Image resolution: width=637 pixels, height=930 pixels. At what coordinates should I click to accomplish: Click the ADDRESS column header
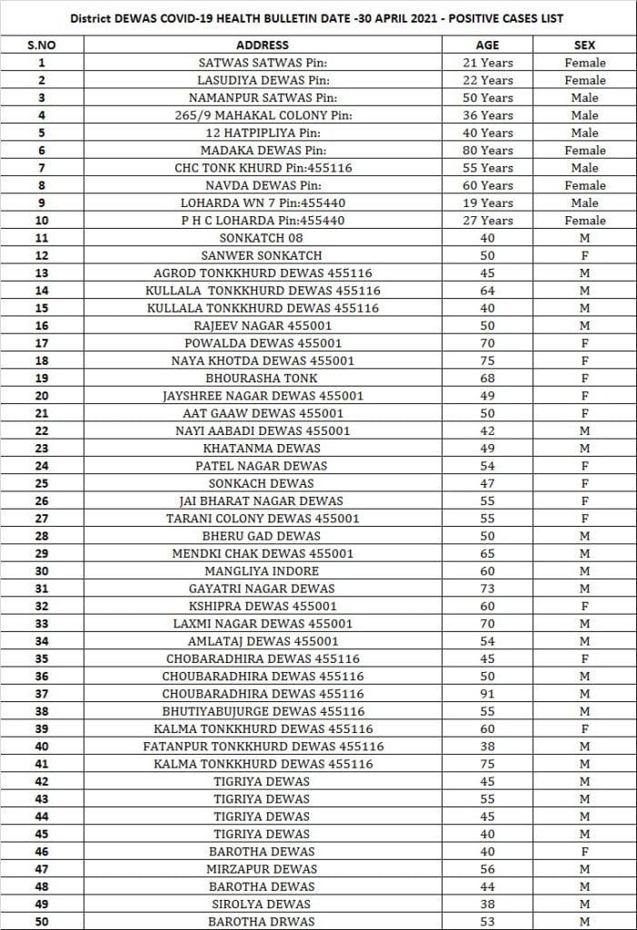[262, 45]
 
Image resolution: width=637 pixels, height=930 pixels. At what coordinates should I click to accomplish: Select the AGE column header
[487, 45]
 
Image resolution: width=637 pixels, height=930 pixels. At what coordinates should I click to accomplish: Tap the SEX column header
[584, 45]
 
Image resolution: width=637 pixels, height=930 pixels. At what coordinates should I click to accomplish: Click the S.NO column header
[41, 45]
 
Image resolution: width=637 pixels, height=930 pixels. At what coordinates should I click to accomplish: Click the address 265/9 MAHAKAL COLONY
[262, 115]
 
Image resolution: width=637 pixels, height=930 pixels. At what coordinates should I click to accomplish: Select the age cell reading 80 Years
[487, 150]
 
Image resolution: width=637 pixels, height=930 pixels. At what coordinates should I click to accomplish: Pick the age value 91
[487, 694]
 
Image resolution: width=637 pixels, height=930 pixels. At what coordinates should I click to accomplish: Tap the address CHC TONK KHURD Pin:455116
[262, 168]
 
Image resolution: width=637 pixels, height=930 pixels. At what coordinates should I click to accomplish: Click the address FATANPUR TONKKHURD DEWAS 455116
[262, 747]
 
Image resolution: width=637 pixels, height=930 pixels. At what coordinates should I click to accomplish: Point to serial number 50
[41, 922]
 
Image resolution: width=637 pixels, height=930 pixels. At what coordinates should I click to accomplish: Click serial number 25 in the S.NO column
[41, 483]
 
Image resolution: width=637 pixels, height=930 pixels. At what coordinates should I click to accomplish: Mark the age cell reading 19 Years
[487, 203]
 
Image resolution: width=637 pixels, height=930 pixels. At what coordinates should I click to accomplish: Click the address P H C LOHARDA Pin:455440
[262, 221]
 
